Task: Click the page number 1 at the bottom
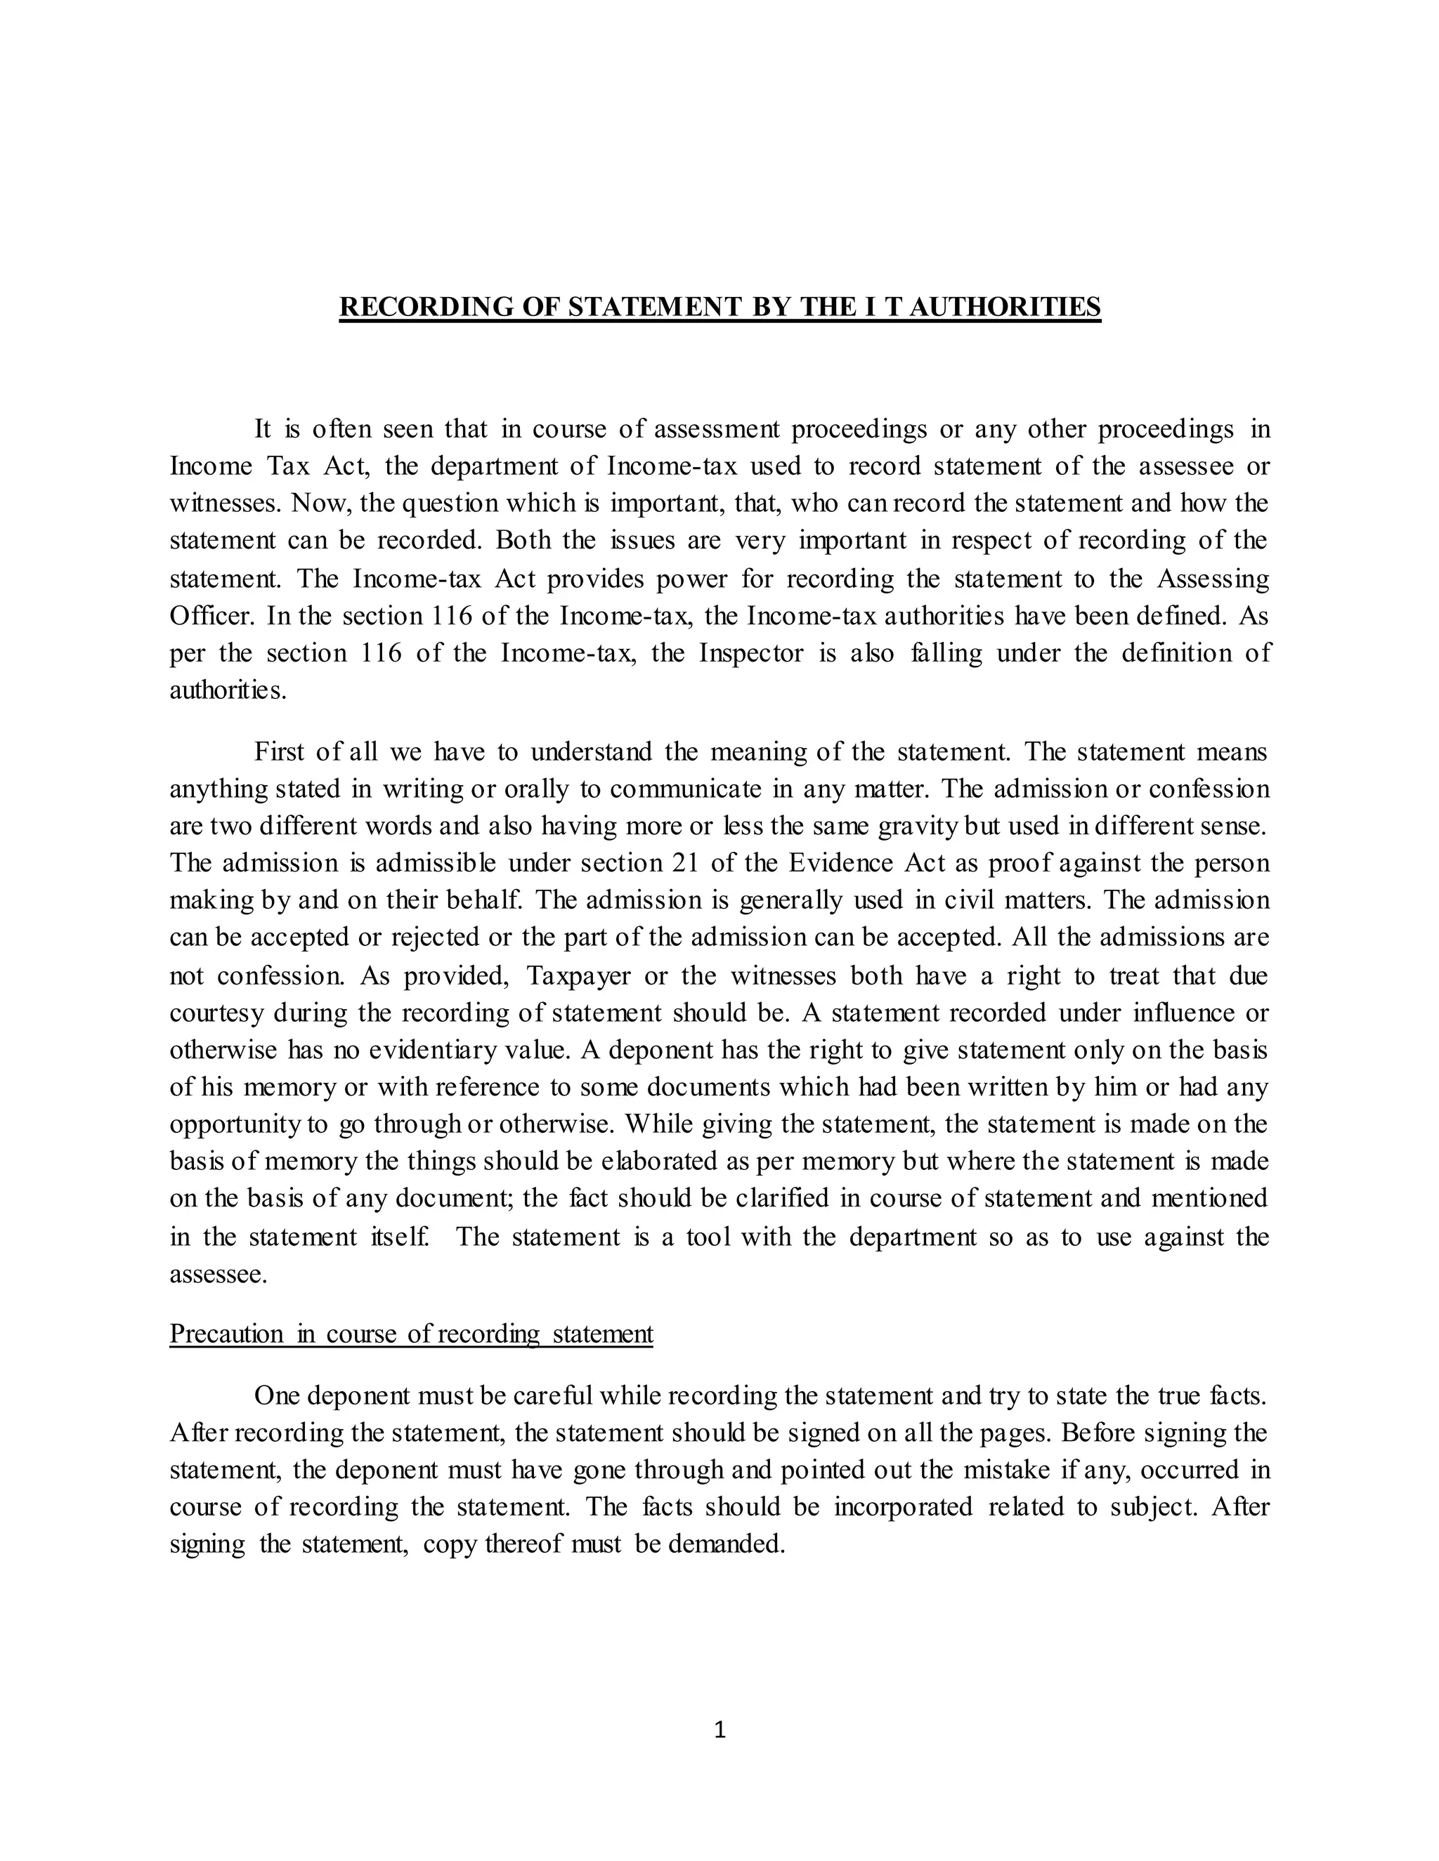click(x=719, y=1729)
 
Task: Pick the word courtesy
click(x=217, y=1013)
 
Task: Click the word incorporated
click(x=903, y=1507)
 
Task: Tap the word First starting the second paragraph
click(x=280, y=751)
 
